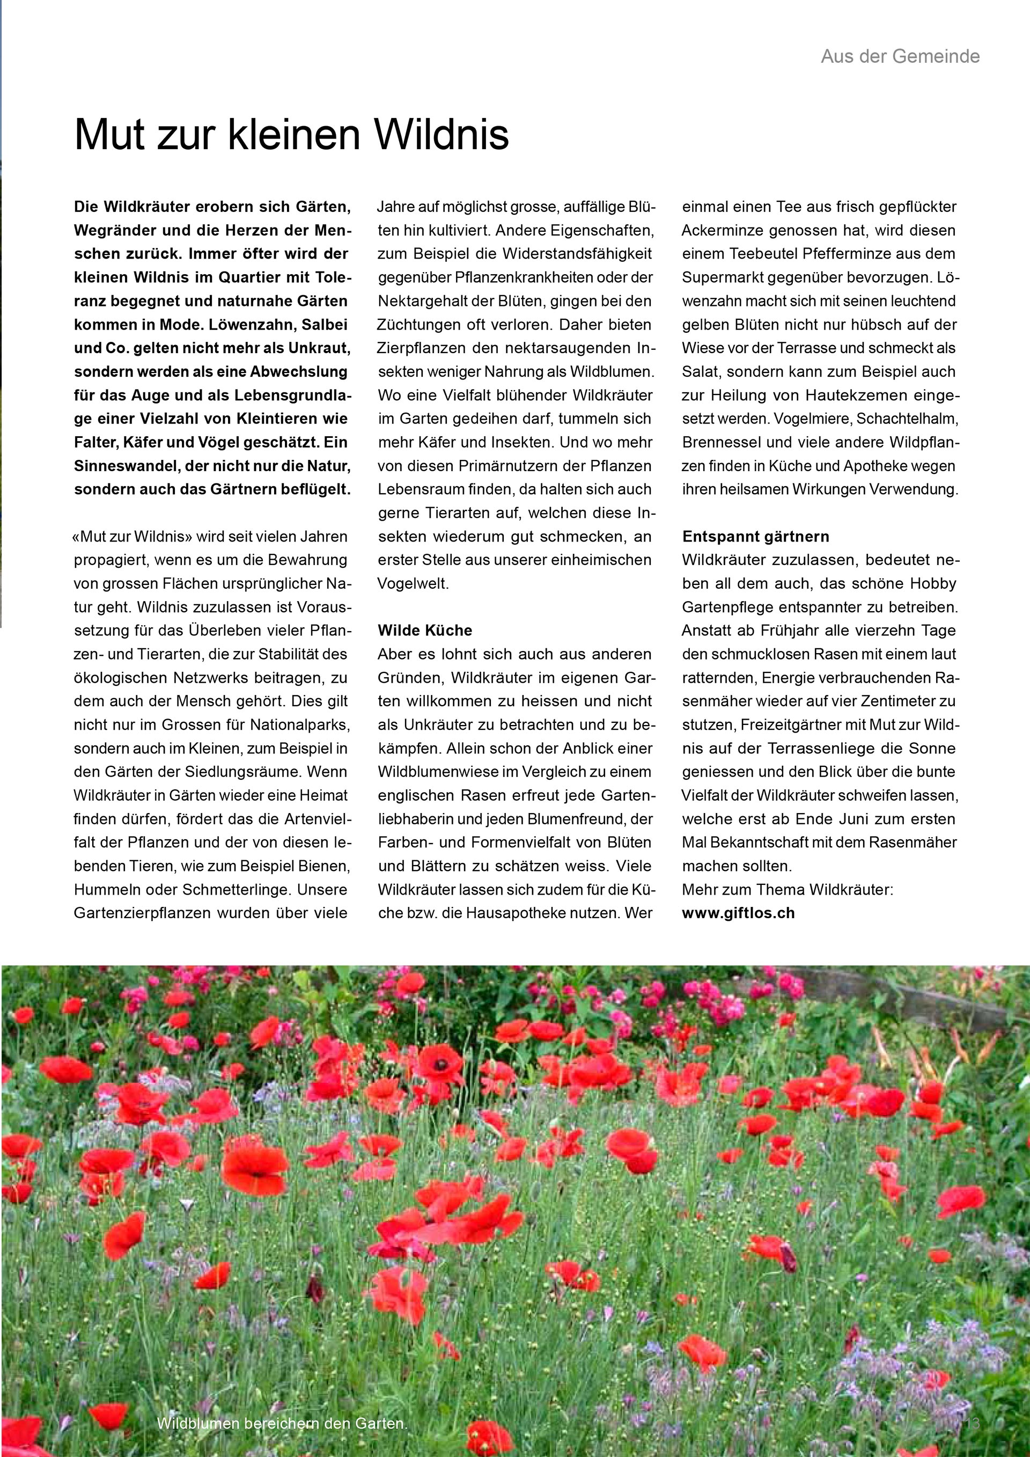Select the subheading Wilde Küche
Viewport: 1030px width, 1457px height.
pyautogui.click(x=425, y=630)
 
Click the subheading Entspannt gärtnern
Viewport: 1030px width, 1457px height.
pyautogui.click(x=755, y=536)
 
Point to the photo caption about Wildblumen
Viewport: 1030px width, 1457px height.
pyautogui.click(x=282, y=1423)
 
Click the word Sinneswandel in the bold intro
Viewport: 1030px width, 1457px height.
pyautogui.click(x=126, y=466)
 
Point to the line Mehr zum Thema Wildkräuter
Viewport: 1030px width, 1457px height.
pyautogui.click(x=787, y=889)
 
